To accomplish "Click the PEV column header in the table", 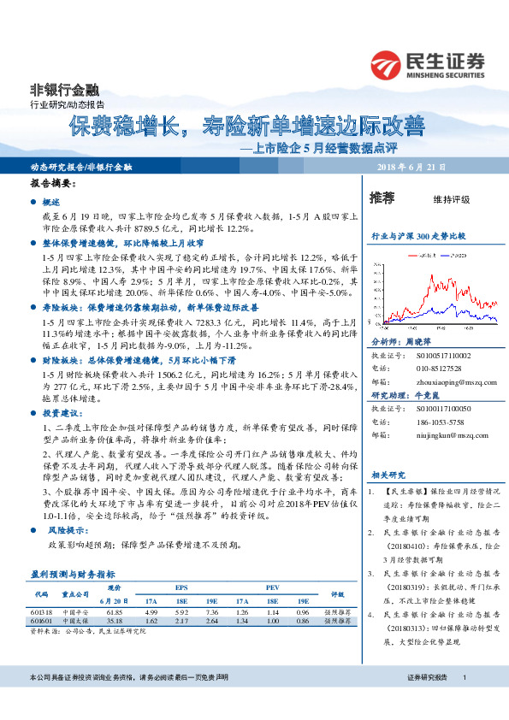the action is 273,587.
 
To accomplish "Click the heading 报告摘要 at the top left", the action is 53,184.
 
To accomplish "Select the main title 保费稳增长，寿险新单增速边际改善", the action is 246,127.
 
